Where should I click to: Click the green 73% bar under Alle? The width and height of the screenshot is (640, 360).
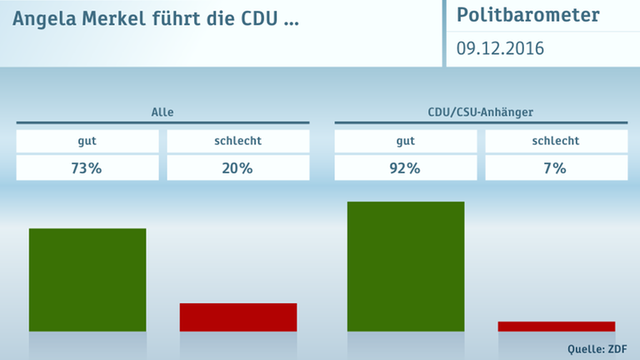[x=87, y=279]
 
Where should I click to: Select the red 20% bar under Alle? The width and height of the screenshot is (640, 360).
[x=238, y=317]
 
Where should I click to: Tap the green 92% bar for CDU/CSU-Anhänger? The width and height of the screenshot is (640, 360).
[x=406, y=266]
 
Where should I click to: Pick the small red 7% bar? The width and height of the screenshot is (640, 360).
[x=557, y=326]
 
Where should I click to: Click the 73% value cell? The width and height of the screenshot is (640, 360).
[x=87, y=168]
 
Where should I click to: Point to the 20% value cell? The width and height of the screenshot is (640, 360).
[x=238, y=168]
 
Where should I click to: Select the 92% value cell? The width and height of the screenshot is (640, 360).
[x=406, y=168]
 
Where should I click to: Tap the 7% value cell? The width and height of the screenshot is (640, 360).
[x=557, y=168]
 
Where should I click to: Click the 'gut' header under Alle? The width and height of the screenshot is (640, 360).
[x=87, y=141]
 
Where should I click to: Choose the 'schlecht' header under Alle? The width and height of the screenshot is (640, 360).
[x=238, y=141]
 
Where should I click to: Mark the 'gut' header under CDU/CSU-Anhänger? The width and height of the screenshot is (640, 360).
[x=406, y=141]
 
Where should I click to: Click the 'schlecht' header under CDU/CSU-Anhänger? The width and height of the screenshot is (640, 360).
[x=557, y=141]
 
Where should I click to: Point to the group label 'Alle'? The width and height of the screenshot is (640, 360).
[x=162, y=112]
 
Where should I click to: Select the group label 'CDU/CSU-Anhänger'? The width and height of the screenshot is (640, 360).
[x=481, y=112]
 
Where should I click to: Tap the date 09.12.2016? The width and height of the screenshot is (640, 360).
[x=500, y=48]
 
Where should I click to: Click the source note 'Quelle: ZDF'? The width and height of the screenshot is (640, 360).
[x=597, y=348]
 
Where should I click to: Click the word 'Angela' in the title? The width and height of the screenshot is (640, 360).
[x=41, y=17]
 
